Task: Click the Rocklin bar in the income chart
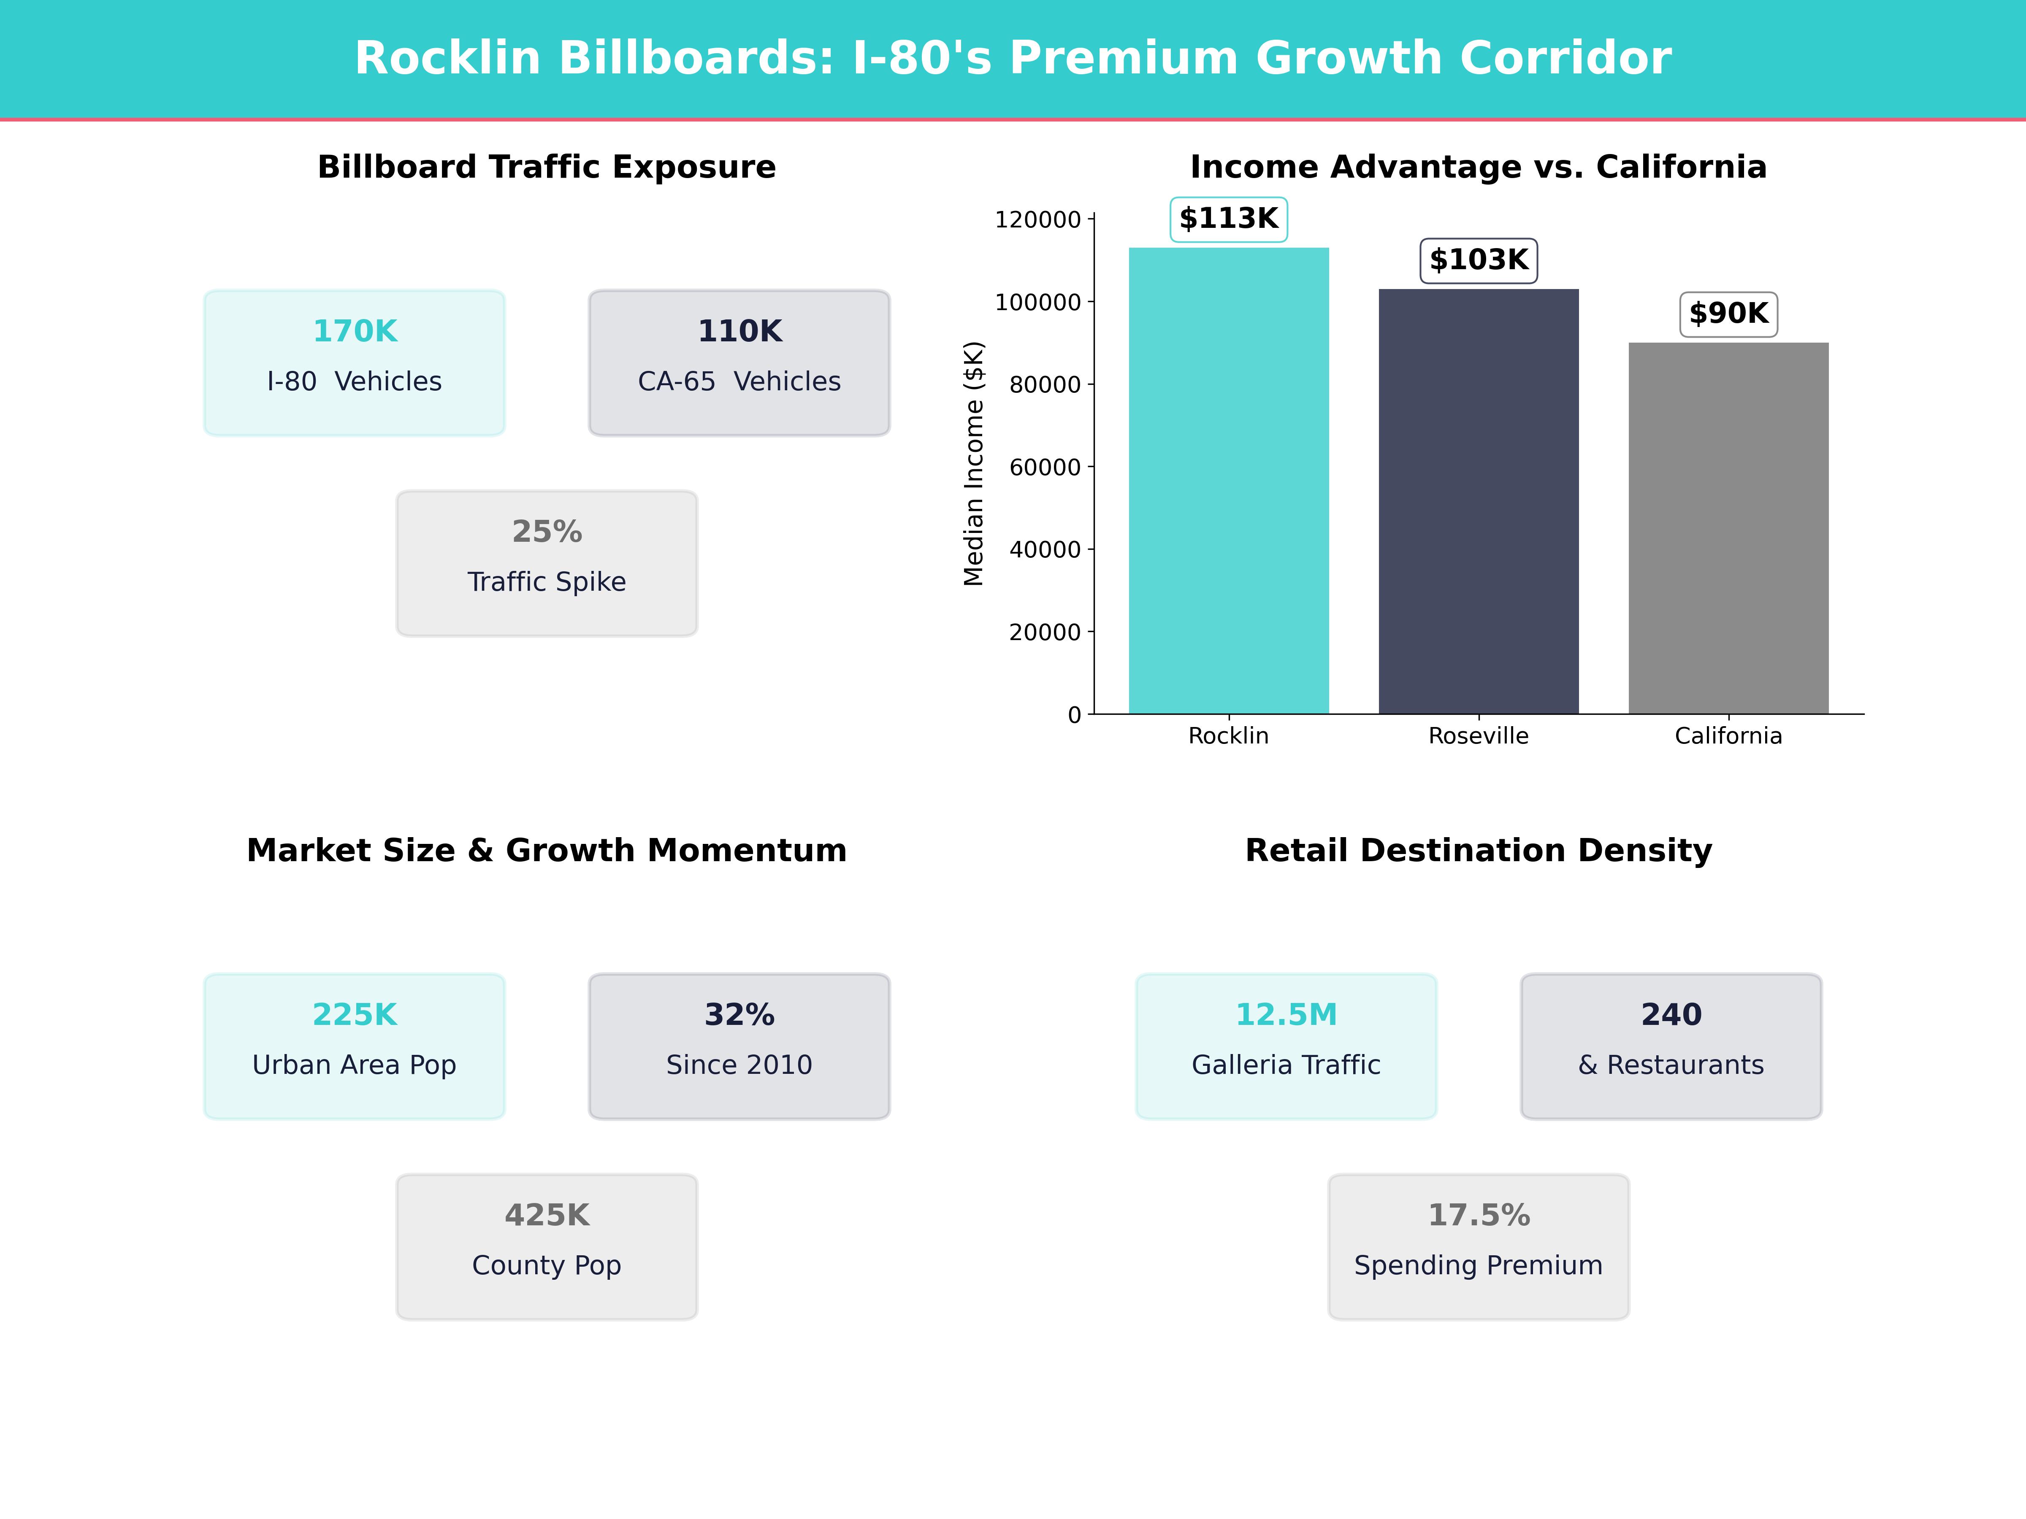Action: tap(1228, 481)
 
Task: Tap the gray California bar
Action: tap(1728, 528)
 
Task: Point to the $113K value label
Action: tap(1228, 219)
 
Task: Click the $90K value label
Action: tap(1728, 314)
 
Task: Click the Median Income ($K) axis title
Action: tap(974, 463)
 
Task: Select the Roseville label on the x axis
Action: tap(1478, 736)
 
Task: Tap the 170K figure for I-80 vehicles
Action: tap(355, 332)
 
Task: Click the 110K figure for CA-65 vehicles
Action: tap(739, 332)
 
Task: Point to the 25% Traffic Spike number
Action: tap(547, 532)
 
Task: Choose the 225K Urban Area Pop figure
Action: tap(355, 1014)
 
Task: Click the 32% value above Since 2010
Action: tap(739, 1014)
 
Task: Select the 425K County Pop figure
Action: tap(547, 1215)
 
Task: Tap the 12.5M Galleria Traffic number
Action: tap(1286, 1014)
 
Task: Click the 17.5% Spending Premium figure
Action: tap(1478, 1215)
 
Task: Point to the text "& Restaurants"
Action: tap(1671, 1065)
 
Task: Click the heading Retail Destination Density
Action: tap(1478, 851)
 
